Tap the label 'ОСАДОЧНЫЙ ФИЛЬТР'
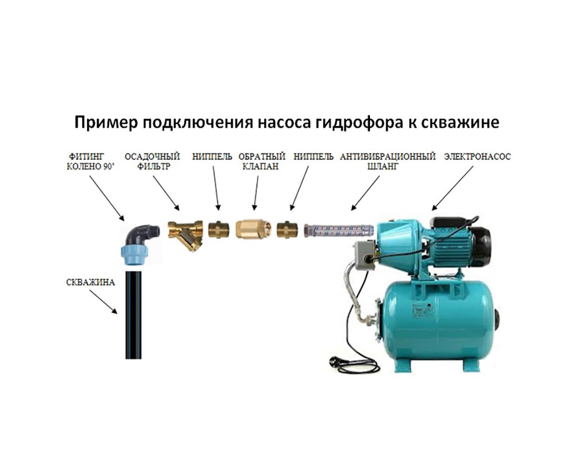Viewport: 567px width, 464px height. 152,161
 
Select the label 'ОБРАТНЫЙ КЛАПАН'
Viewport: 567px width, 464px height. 261,161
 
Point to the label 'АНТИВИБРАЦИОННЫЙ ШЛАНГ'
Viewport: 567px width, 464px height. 388,161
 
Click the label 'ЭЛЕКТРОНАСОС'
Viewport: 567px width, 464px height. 477,157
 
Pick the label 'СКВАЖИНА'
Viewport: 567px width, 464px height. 90,282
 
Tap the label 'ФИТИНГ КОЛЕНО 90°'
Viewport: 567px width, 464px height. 90,161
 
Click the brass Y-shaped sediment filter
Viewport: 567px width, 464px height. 185,235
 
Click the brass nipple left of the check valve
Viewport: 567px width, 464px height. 218,229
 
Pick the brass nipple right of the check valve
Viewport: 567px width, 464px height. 287,229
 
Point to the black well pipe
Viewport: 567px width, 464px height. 134,315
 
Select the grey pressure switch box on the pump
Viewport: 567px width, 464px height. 366,256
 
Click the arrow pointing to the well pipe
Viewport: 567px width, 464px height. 103,302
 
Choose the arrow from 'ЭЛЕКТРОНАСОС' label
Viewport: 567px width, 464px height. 452,188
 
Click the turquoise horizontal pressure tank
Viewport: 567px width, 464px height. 438,320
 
